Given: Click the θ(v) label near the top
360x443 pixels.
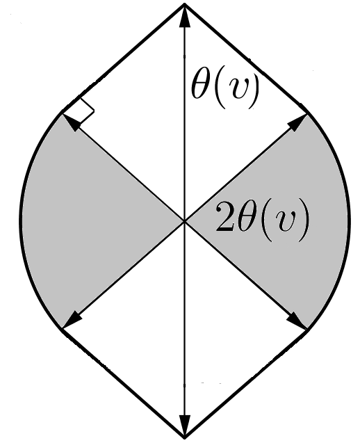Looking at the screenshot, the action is pos(224,90).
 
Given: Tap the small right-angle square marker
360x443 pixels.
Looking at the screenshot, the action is pos(83,111).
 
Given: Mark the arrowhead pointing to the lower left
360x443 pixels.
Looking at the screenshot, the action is pos(70,321).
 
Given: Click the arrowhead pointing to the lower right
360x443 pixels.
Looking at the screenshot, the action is pos(298,321).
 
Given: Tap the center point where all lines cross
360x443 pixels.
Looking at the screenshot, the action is pos(184,221).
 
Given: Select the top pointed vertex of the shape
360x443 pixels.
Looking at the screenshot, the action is pos(184,4).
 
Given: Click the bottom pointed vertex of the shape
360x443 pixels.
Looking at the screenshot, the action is pos(184,437).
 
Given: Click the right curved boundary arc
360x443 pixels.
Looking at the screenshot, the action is pos(347,220).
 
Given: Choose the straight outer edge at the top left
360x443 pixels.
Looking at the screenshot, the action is pos(124,57).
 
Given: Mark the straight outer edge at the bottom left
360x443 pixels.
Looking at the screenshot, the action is pos(124,383).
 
